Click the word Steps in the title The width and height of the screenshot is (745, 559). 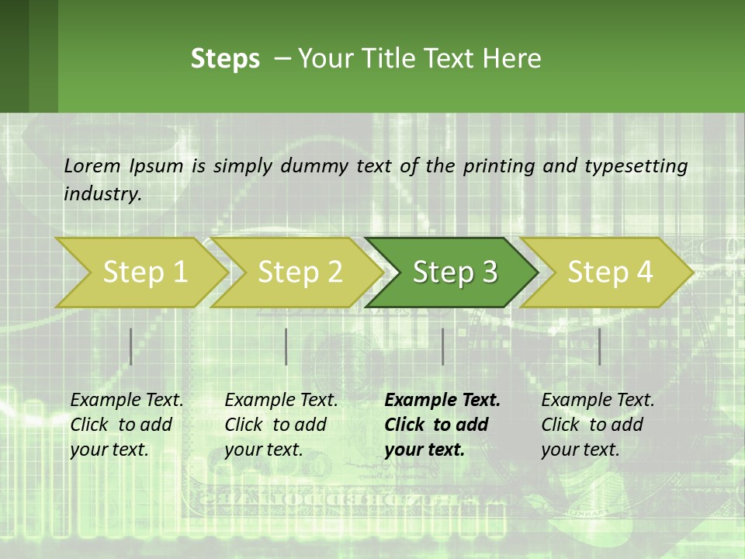tap(225, 59)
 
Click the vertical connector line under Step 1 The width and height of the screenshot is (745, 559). tap(131, 346)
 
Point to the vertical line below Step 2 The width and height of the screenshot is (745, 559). tap(286, 346)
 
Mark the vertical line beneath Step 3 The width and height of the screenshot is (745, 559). tap(443, 346)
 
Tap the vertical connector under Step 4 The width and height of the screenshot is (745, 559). tap(600, 346)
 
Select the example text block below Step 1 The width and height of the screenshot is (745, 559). tap(126, 425)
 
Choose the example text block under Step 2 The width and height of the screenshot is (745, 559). tap(280, 425)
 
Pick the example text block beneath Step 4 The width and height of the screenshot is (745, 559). tap(597, 425)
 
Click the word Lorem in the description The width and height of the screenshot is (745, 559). tap(92, 165)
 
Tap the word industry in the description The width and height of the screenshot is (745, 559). tap(102, 194)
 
